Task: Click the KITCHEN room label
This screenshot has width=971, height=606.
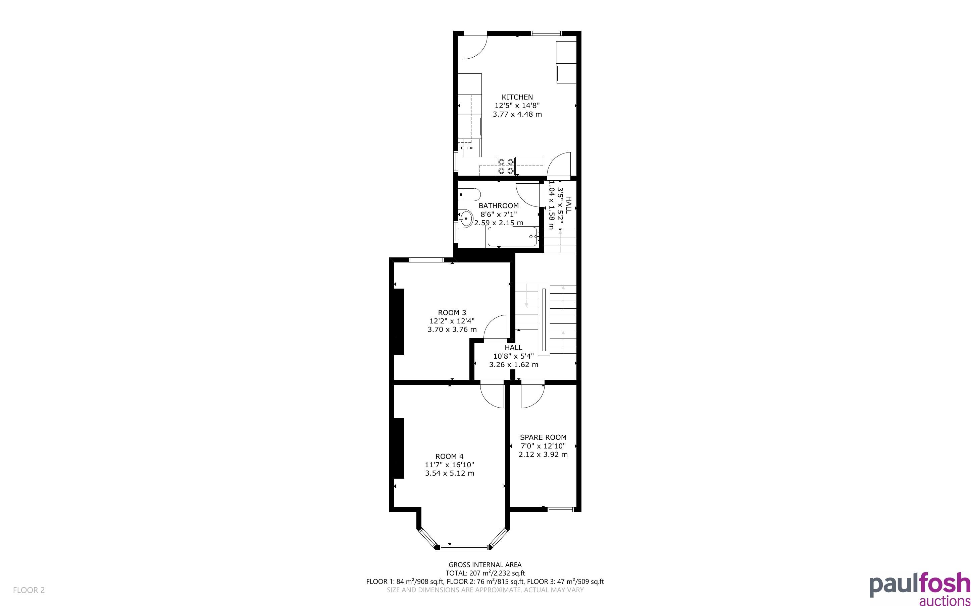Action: pyautogui.click(x=517, y=97)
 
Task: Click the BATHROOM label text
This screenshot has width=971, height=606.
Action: pyautogui.click(x=499, y=205)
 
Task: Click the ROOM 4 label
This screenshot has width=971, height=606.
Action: pyautogui.click(x=450, y=456)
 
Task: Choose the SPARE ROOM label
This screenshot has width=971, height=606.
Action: pyautogui.click(x=543, y=437)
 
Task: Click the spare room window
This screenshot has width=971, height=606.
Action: pyautogui.click(x=561, y=509)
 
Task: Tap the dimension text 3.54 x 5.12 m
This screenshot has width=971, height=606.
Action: pyautogui.click(x=450, y=473)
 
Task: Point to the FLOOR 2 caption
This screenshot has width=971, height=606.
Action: pyautogui.click(x=29, y=590)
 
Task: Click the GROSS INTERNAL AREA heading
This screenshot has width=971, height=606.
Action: pyautogui.click(x=485, y=565)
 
